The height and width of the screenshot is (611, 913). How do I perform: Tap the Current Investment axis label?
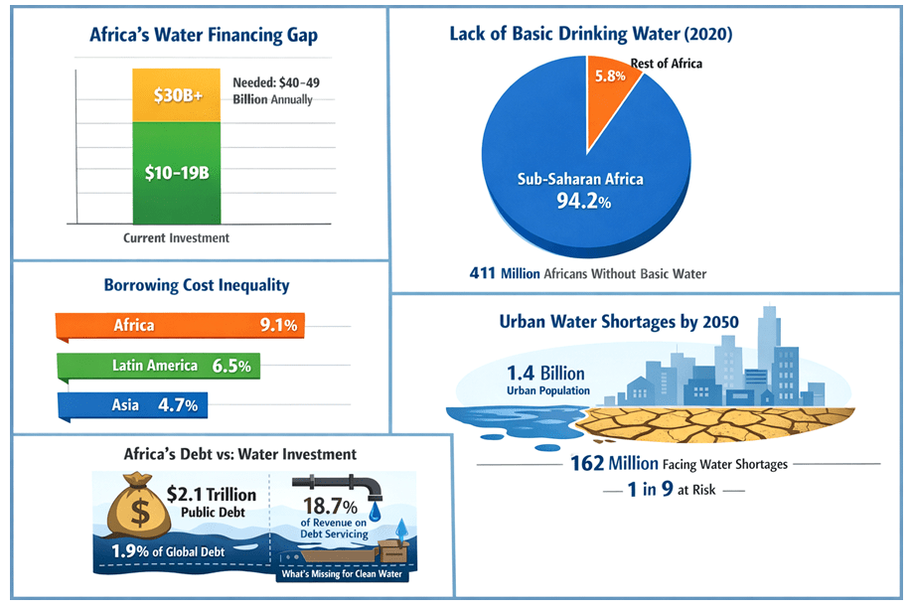tap(176, 238)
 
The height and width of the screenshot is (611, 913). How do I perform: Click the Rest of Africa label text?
tap(666, 65)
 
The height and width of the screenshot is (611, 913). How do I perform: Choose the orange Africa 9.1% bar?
tap(180, 325)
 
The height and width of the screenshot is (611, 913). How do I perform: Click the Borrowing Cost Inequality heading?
tap(197, 285)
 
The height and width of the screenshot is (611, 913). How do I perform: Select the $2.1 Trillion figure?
tap(211, 494)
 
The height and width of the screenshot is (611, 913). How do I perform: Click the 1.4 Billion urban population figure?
tap(545, 374)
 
